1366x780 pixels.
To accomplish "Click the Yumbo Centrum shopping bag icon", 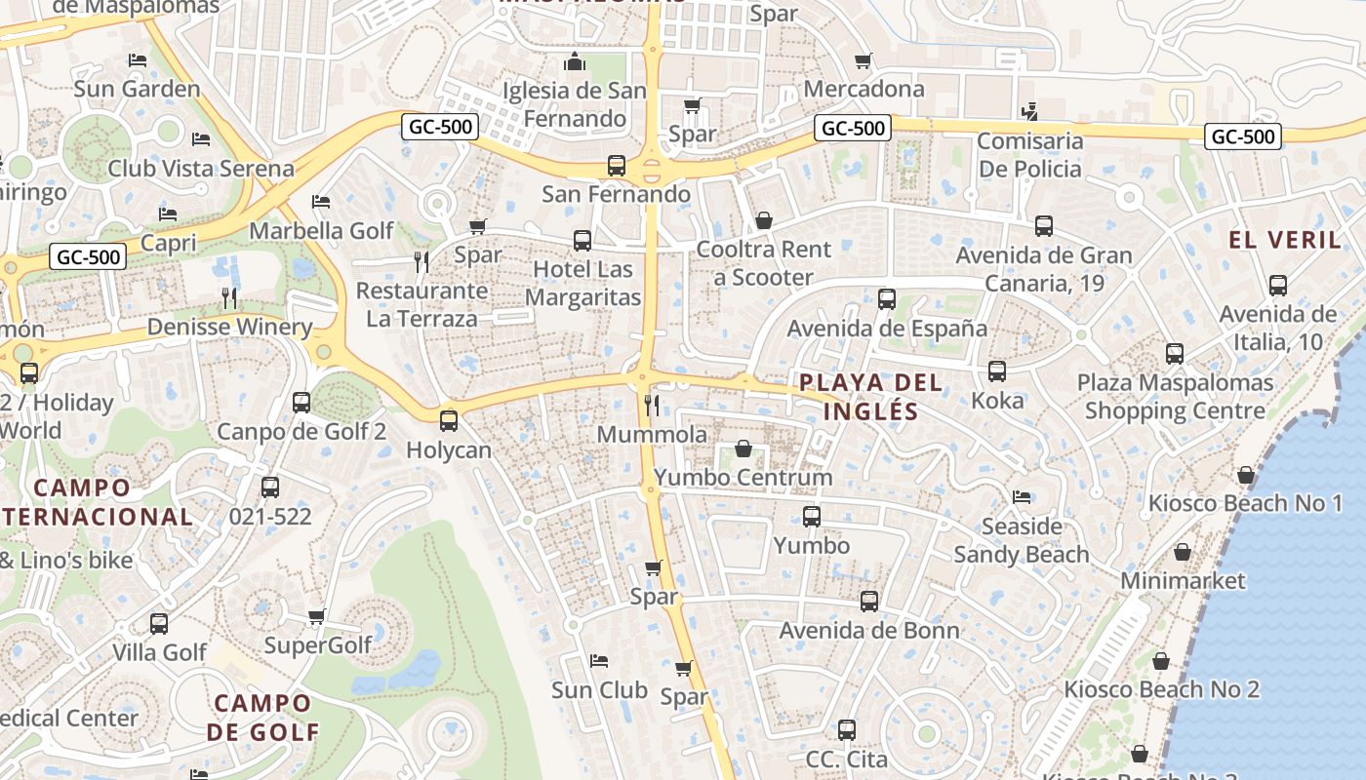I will [x=743, y=448].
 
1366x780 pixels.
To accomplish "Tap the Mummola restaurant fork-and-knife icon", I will [x=652, y=405].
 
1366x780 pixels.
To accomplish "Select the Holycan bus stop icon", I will [x=448, y=421].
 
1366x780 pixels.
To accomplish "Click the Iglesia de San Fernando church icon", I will [x=575, y=62].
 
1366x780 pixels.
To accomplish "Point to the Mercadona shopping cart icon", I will [x=863, y=61].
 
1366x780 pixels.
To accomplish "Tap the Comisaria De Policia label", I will [x=1029, y=155].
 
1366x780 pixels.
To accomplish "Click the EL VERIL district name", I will [x=1285, y=240].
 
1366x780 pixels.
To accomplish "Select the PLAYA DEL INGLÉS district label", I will [x=870, y=397].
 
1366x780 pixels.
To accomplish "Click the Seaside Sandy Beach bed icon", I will [x=1022, y=497].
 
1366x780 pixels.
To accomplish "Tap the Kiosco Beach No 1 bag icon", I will [x=1245, y=475].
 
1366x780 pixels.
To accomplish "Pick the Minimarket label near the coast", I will [x=1183, y=581].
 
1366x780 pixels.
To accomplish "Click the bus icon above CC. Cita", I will [x=847, y=729].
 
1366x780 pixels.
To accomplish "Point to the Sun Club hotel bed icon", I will [x=599, y=661].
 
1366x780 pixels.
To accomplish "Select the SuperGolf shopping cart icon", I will [x=316, y=616].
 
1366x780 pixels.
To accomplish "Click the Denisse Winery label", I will [x=229, y=327].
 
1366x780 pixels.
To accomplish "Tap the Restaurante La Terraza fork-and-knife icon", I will [x=422, y=261].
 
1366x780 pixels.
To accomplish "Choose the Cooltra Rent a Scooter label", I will [x=763, y=263].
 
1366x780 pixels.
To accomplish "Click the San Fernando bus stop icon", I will [x=617, y=166].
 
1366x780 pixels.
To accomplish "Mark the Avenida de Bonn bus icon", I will [x=868, y=602].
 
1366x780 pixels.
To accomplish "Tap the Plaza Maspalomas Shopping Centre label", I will [x=1175, y=397].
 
